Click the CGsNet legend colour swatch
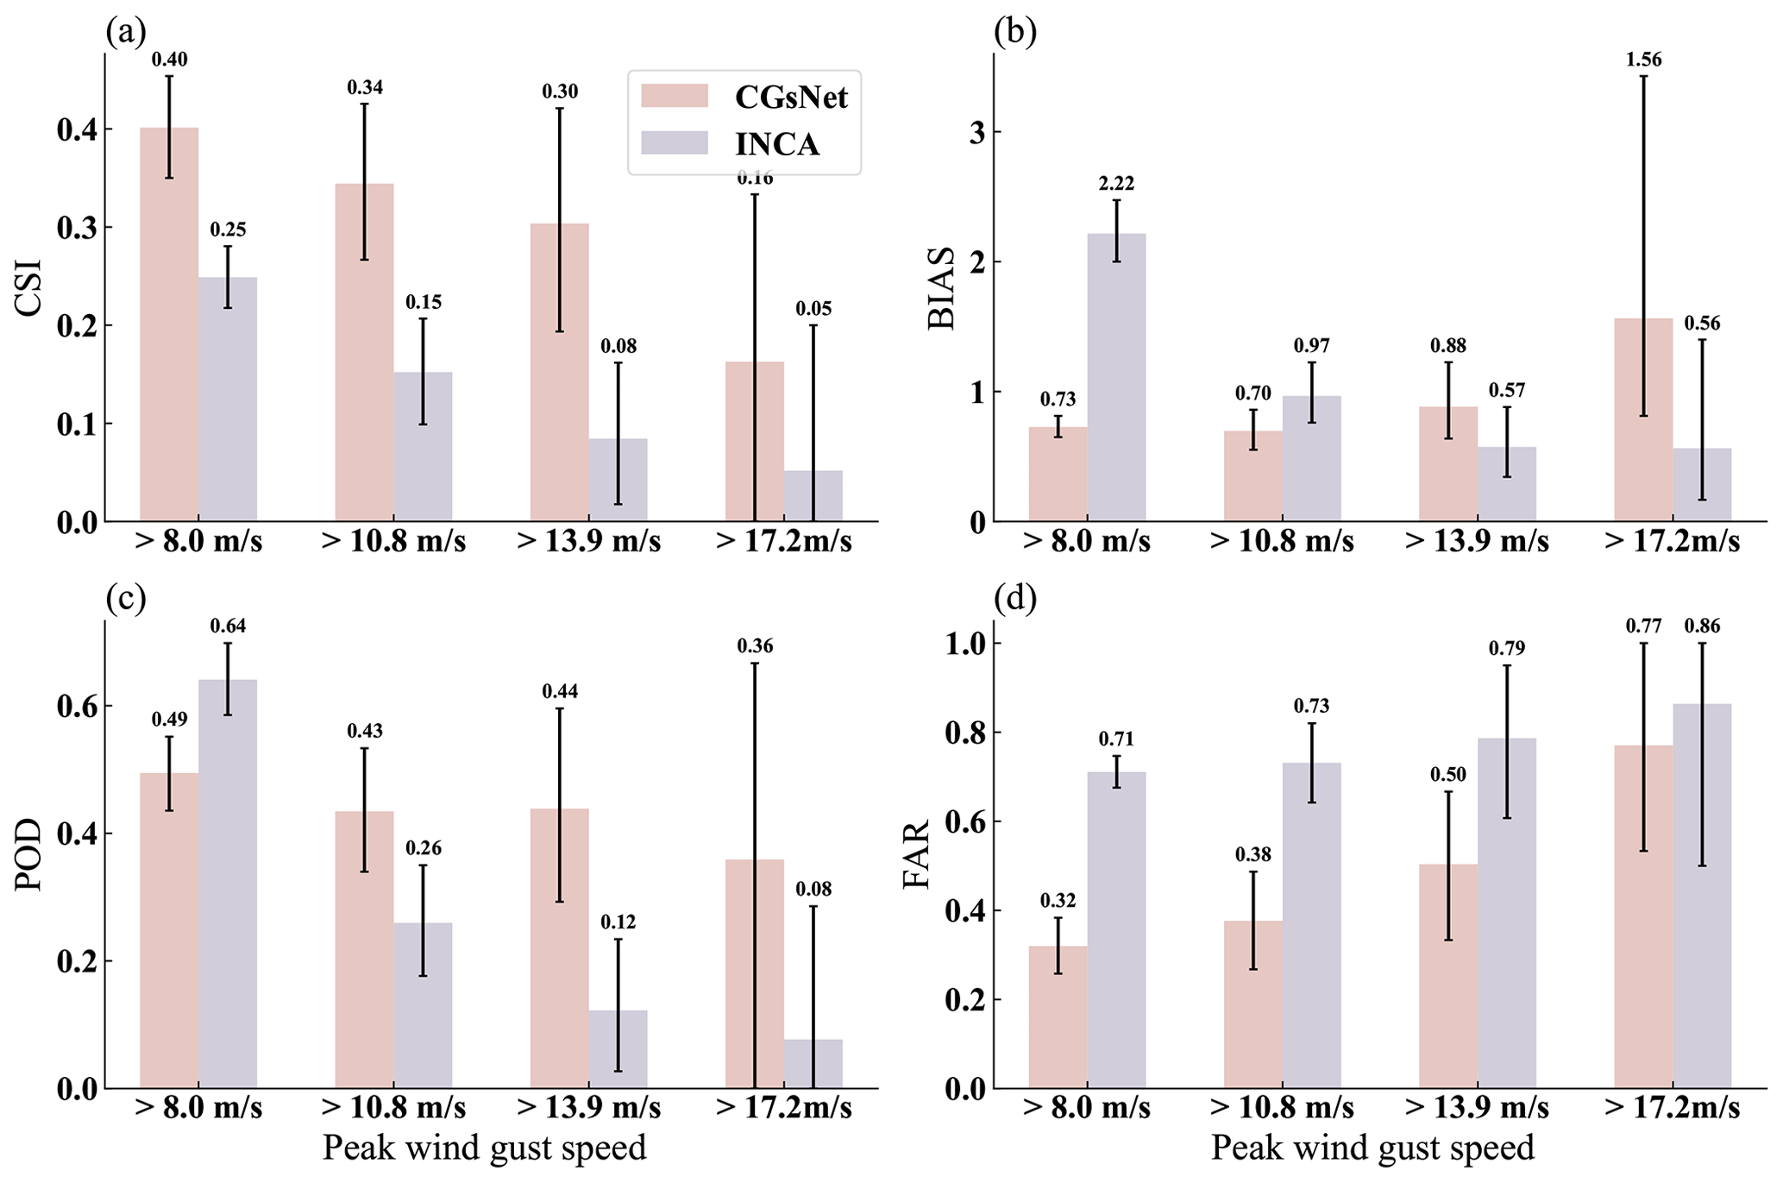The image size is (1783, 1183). [x=674, y=96]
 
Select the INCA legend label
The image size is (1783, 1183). [x=776, y=143]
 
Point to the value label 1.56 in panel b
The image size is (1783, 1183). [x=1643, y=60]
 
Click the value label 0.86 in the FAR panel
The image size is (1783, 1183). [x=1702, y=626]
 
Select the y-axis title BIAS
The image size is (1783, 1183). [x=941, y=288]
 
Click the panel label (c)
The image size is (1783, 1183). [x=126, y=597]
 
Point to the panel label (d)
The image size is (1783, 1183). [x=1014, y=597]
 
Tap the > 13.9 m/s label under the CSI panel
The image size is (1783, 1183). [x=588, y=542]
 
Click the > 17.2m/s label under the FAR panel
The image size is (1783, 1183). [x=1672, y=1108]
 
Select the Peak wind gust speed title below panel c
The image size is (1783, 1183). [x=484, y=1148]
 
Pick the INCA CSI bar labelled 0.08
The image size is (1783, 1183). [x=618, y=480]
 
